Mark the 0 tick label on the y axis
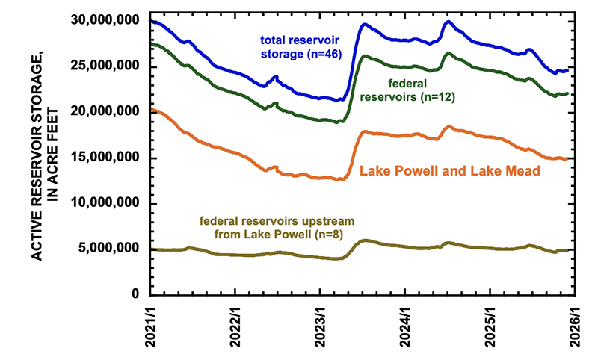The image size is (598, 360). tap(137, 294)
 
